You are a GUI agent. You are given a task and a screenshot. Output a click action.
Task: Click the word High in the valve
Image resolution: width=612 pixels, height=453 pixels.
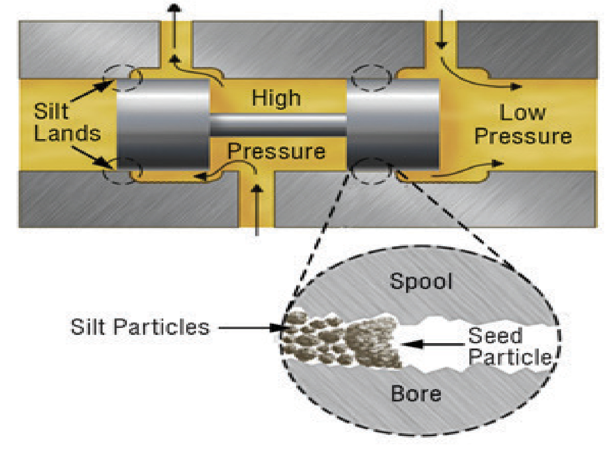click(x=276, y=98)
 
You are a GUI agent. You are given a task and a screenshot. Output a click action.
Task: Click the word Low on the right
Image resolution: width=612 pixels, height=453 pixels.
click(x=523, y=112)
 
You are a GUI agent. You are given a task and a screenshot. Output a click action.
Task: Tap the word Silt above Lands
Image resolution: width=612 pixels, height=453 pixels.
click(x=51, y=111)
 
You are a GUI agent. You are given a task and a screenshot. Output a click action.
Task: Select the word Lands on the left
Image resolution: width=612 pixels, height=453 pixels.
click(x=67, y=133)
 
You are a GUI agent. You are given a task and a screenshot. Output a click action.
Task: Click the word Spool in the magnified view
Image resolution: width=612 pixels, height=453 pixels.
click(x=421, y=282)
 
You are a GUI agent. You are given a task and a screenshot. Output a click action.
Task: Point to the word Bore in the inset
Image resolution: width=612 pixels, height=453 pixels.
click(x=416, y=394)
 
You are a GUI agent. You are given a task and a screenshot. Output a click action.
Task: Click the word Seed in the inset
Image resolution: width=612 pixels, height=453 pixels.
click(x=495, y=335)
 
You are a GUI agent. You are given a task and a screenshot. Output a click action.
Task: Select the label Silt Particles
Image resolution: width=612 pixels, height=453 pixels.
click(x=140, y=327)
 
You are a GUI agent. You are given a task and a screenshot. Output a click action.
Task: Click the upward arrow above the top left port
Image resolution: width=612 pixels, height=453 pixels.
click(x=175, y=25)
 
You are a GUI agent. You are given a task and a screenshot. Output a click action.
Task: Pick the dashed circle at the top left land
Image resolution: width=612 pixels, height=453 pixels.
click(x=123, y=78)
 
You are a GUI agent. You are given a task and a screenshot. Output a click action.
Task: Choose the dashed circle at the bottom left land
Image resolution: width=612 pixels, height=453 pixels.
click(x=122, y=171)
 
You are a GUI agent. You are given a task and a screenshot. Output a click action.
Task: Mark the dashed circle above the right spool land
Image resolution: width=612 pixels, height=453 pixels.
click(x=371, y=78)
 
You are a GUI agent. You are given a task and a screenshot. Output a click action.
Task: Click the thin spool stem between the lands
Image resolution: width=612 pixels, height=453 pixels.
click(x=278, y=125)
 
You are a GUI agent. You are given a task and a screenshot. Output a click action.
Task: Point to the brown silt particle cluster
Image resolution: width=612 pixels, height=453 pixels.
click(x=343, y=341)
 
